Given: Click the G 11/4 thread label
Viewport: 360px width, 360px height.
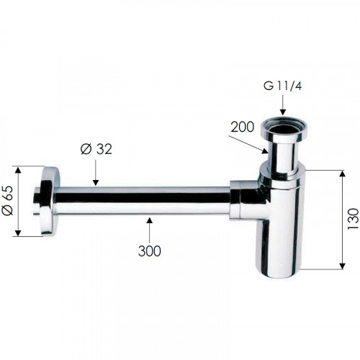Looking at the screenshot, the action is (x=282, y=86).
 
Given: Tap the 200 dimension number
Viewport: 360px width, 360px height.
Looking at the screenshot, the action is (x=242, y=127).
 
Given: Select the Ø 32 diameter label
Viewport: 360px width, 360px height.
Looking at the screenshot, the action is (x=96, y=149).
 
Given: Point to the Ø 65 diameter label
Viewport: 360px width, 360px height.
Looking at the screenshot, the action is (x=8, y=201).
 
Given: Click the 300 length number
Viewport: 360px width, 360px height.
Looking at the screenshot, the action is (x=149, y=251).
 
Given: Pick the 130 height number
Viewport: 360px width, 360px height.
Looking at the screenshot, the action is (x=353, y=219).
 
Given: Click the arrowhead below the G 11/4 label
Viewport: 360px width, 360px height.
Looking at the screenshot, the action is (x=283, y=112).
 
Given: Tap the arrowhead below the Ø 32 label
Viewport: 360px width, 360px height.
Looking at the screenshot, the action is (x=96, y=182).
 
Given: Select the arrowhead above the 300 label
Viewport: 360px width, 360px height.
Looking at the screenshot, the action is (x=150, y=220).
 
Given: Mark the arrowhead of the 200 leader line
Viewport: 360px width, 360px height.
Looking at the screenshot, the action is (x=265, y=150).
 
